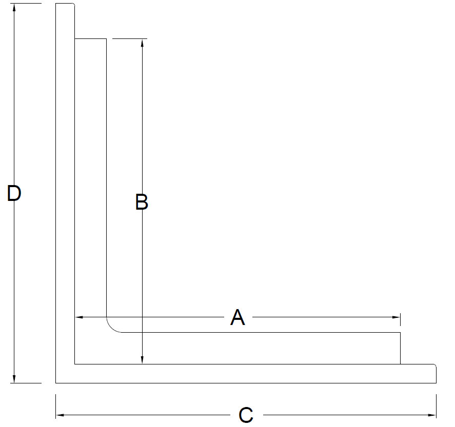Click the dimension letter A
(238, 317)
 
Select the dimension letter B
(142, 202)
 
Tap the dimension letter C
(246, 415)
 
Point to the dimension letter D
(14, 193)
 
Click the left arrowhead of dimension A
(79, 317)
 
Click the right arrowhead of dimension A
(396, 317)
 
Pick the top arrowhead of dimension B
(142, 43)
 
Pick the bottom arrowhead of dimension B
(142, 360)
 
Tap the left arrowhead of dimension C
(60, 415)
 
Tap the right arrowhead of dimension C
(432, 415)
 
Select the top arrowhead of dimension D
(14, 8)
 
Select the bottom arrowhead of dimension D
(14, 379)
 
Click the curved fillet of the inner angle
(111, 328)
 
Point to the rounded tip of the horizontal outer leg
(436, 365)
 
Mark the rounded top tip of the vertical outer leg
(73, 4)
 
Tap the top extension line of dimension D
(26, 4)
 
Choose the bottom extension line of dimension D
(26, 383)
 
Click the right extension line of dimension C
(436, 406)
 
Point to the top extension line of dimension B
(130, 38)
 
